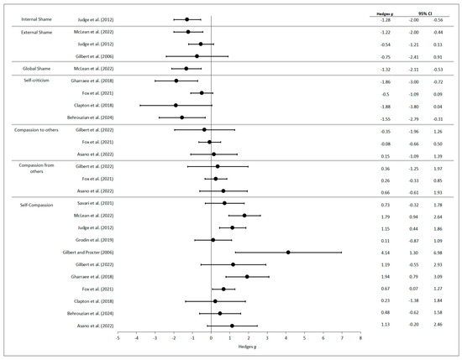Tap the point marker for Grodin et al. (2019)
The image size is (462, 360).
pos(213,239)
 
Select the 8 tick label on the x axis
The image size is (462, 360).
pos(360,337)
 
